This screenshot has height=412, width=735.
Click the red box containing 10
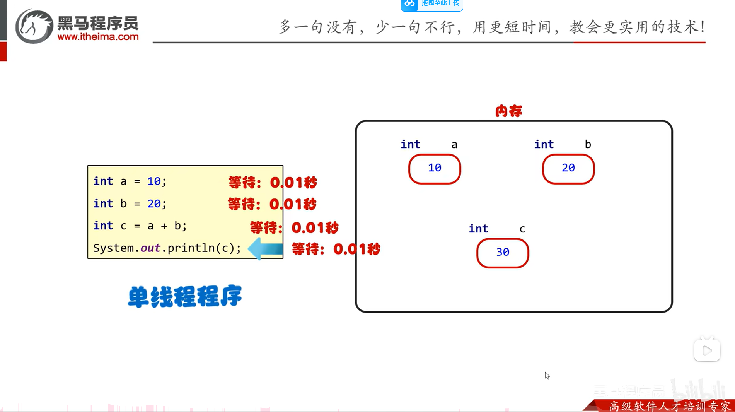(x=435, y=169)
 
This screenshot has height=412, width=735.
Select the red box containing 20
(x=568, y=169)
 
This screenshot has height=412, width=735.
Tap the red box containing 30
(x=502, y=253)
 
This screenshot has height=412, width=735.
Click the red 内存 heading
(x=508, y=111)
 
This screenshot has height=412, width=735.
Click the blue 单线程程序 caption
(x=185, y=297)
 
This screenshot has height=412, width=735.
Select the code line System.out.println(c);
(x=167, y=248)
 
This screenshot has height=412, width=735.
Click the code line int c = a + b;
(x=140, y=226)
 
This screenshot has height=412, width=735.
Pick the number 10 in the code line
(x=153, y=181)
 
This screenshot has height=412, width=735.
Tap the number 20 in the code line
(x=153, y=203)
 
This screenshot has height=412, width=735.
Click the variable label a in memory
(x=454, y=145)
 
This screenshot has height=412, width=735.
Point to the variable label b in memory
(x=588, y=144)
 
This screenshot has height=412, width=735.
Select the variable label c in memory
(x=522, y=229)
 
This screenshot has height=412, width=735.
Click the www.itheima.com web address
(x=98, y=37)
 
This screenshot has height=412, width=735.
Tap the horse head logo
(x=34, y=26)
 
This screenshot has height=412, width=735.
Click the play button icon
(x=707, y=350)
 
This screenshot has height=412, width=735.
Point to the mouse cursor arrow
(x=547, y=375)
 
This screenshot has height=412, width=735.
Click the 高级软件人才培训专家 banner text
(x=669, y=406)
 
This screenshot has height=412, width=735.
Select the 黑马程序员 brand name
(x=98, y=23)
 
